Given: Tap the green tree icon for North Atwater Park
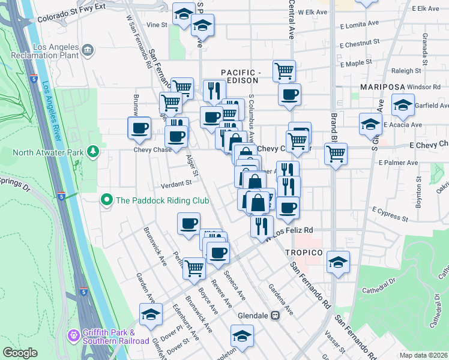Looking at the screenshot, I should (92, 151).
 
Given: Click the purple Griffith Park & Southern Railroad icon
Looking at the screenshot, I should (74, 334).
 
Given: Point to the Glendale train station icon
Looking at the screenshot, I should (276, 316).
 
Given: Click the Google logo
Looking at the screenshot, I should (20, 353).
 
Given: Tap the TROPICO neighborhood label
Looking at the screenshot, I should (304, 253).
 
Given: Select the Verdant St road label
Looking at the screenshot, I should (175, 183).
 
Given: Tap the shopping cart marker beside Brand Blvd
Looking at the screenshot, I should (336, 154).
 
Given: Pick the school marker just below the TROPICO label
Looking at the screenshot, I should (339, 262).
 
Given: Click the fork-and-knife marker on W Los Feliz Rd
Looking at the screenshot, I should (261, 226).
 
